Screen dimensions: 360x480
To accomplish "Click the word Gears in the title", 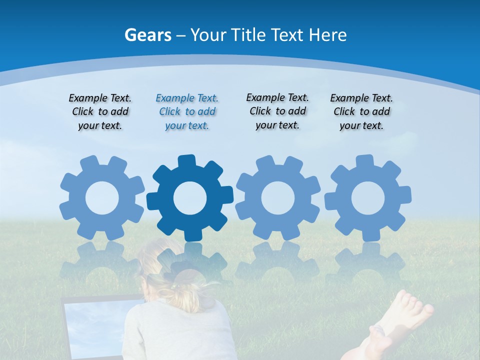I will (148, 35).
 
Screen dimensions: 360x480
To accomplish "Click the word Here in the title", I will (327, 35).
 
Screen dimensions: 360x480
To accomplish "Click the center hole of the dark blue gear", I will (190, 198).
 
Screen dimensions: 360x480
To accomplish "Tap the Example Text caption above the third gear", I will (277, 111).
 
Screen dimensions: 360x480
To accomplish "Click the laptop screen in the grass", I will (95, 325).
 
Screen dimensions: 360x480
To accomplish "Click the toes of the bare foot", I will (415, 305).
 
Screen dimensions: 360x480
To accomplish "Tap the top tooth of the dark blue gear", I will (186, 161).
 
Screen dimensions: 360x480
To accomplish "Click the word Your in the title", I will (209, 35).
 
